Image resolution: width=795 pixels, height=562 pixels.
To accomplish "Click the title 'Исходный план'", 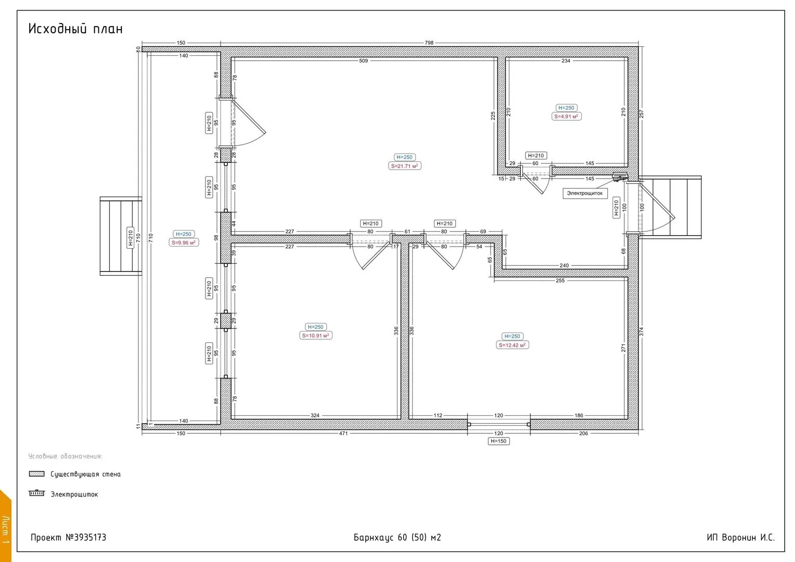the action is [x=75, y=29].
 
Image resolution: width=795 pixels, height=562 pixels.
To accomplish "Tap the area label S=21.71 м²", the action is [x=405, y=166].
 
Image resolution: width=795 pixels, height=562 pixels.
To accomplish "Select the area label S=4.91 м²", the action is [x=567, y=117].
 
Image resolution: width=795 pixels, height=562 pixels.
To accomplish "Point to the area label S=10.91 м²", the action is [x=315, y=336].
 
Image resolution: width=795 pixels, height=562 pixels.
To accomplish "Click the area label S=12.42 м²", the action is [x=512, y=345].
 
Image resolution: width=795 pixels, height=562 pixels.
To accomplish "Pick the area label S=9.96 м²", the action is [x=184, y=242].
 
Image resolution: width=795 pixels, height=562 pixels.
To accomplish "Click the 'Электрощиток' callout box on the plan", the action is [x=585, y=193].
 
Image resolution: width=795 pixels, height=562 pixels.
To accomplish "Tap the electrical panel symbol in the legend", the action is [x=36, y=493].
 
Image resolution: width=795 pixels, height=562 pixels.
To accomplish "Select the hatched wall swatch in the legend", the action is [x=36, y=474].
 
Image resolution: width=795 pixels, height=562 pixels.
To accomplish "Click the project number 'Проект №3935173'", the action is [x=69, y=538].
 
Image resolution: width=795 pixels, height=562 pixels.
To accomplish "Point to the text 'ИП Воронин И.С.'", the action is [x=741, y=538].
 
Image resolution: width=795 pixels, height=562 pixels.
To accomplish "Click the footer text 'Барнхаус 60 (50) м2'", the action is [x=397, y=538].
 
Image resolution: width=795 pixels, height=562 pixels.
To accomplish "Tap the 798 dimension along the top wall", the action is [x=429, y=43].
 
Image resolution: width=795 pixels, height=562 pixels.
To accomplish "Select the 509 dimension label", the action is [x=364, y=61].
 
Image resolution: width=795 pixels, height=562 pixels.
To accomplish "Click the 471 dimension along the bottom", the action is [x=343, y=433].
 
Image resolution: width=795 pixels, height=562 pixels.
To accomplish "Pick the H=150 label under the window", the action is [x=498, y=441].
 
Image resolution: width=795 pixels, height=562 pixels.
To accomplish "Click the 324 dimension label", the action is [x=315, y=415].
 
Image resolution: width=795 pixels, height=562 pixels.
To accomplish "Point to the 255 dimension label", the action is [x=560, y=280].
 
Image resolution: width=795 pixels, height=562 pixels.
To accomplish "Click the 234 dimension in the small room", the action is [x=566, y=61].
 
